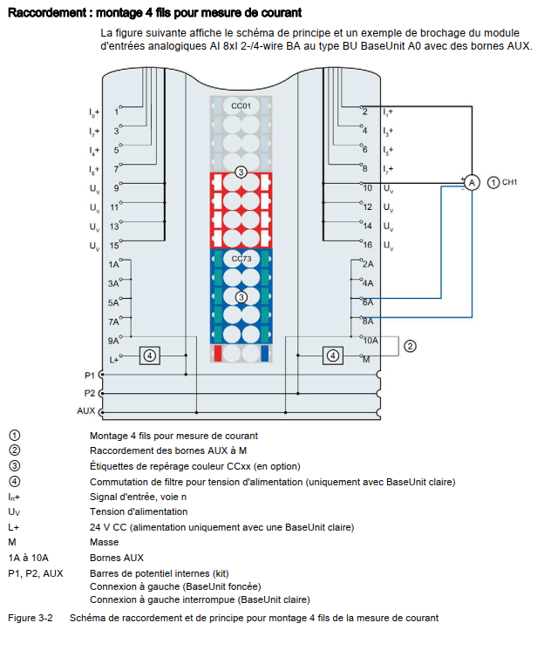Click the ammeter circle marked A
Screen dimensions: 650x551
point(471,182)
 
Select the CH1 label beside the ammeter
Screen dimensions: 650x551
point(509,182)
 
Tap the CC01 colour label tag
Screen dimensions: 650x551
point(241,105)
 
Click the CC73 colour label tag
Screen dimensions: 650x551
point(241,259)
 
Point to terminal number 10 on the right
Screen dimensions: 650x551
point(367,188)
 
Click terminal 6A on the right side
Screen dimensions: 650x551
point(368,301)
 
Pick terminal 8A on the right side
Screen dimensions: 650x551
point(368,321)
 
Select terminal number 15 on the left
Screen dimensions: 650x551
point(113,246)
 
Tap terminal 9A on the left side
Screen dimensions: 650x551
point(113,340)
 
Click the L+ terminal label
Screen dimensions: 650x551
point(113,358)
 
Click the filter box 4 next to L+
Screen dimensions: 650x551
point(150,355)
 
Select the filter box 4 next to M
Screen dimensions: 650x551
point(332,355)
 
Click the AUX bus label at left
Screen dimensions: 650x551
point(86,410)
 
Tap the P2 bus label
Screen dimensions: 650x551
point(89,392)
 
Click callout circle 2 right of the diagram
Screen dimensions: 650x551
point(410,346)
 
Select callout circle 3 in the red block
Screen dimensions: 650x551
point(241,173)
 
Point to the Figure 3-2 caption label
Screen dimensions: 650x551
point(31,618)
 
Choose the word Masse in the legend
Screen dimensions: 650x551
point(104,542)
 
